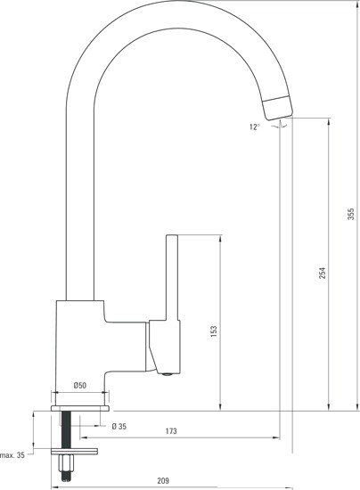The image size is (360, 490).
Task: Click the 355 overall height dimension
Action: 352,214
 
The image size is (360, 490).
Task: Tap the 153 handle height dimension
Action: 213,331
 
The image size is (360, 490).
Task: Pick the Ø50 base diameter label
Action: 79,386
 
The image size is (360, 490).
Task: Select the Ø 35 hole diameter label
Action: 119,426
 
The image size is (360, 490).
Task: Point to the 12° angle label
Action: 256,127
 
